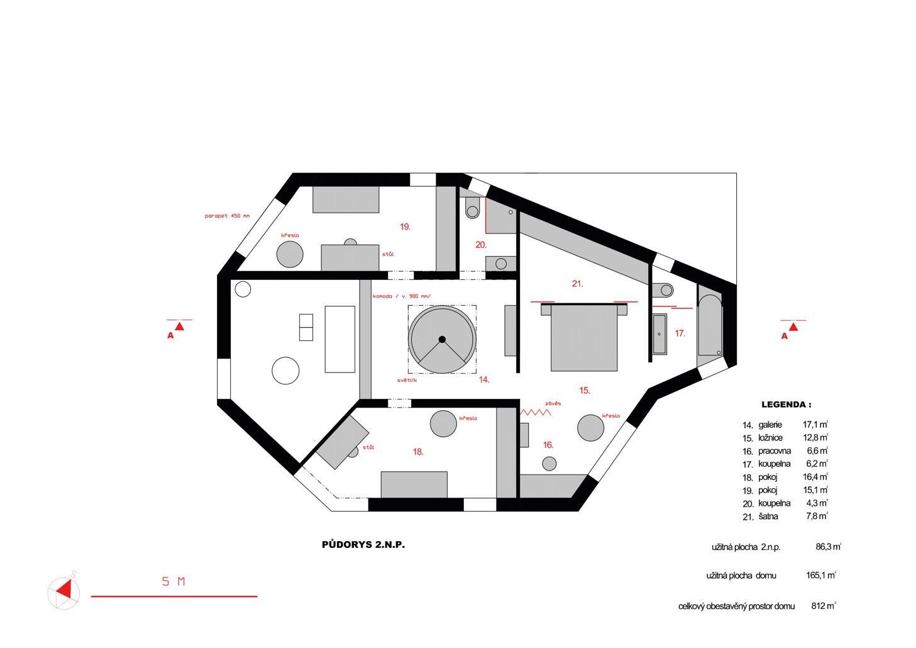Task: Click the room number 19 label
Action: pyautogui.click(x=405, y=226)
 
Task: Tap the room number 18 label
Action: pyautogui.click(x=418, y=452)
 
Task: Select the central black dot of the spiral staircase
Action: pyautogui.click(x=441, y=339)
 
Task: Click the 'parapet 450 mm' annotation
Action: pyautogui.click(x=227, y=216)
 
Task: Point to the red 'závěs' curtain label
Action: pyautogui.click(x=553, y=403)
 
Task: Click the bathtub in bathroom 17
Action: pyautogui.click(x=710, y=325)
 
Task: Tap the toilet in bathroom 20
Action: pyautogui.click(x=472, y=208)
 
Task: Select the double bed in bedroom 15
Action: pyautogui.click(x=584, y=337)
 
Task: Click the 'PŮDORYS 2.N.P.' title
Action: pyautogui.click(x=363, y=545)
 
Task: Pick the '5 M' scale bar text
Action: pyautogui.click(x=174, y=581)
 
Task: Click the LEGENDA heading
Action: pyautogui.click(x=786, y=405)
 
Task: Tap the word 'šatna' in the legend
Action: pyautogui.click(x=768, y=517)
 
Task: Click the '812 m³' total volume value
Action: pyautogui.click(x=824, y=606)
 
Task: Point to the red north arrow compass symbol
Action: pyautogui.click(x=63, y=591)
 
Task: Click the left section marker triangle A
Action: pyautogui.click(x=180, y=326)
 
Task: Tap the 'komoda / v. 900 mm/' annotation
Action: pyautogui.click(x=402, y=296)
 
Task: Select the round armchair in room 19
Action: pyautogui.click(x=290, y=254)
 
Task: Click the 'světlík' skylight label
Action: pyautogui.click(x=407, y=380)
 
